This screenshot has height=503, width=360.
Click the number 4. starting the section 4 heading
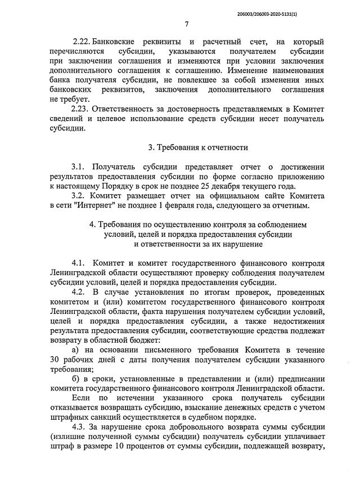pyautogui.click(x=93, y=225)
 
